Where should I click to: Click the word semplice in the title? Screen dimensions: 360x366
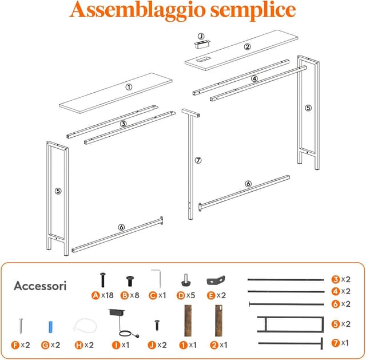pos(252,10)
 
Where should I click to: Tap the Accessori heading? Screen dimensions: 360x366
pos(40,285)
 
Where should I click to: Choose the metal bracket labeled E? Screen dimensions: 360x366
pos(214,280)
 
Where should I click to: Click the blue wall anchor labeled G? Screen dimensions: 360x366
pos(50,327)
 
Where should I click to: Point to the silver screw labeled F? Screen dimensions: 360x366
pos(21,326)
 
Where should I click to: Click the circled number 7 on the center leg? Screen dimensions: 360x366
pos(198,160)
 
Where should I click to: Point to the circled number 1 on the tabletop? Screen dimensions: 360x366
pos(129,87)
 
